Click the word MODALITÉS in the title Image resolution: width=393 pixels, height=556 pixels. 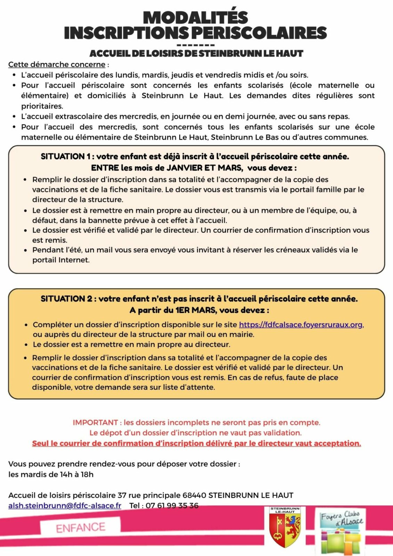(196, 18)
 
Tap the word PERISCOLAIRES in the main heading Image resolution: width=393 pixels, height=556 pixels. (259, 33)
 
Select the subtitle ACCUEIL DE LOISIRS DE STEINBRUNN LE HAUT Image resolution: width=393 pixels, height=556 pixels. (196, 54)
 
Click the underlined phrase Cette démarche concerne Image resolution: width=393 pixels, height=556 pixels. (57, 65)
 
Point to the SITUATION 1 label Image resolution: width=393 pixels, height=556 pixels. (65, 156)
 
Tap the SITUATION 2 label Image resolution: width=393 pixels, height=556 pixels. (66, 299)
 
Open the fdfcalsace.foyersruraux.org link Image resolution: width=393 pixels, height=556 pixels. (301, 325)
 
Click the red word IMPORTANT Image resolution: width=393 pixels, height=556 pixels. (95, 423)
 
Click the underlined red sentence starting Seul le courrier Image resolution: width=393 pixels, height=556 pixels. (196, 443)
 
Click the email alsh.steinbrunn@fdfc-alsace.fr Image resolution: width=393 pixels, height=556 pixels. (65, 506)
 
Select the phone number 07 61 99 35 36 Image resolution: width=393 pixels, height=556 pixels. (172, 506)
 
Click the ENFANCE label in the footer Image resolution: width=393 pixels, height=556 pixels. (81, 528)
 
